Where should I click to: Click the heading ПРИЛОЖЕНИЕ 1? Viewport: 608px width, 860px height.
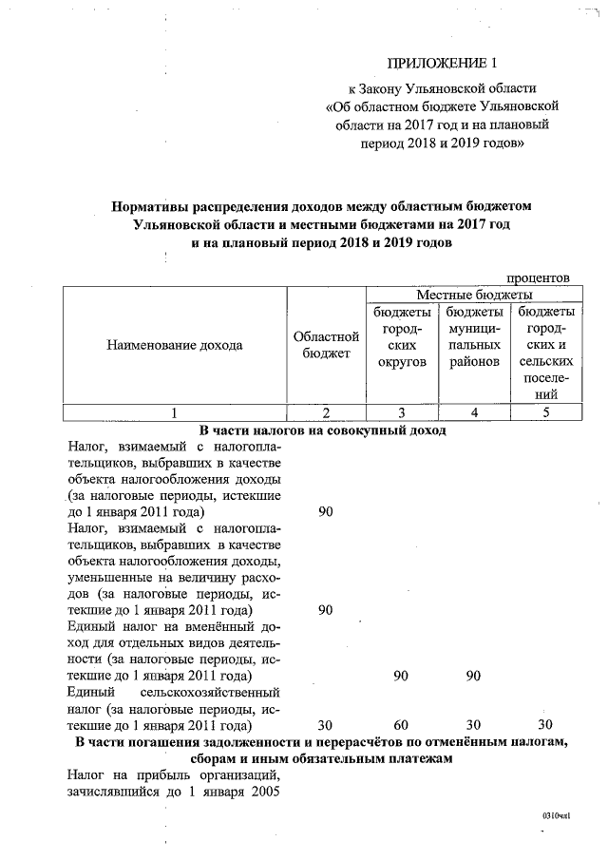pyautogui.click(x=443, y=64)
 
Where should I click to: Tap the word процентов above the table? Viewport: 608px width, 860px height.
pyautogui.click(x=539, y=277)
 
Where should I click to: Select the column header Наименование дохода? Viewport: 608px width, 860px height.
pyautogui.click(x=175, y=345)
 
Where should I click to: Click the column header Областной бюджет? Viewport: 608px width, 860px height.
pyautogui.click(x=326, y=345)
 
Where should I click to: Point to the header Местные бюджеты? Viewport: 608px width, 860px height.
pyautogui.click(x=473, y=296)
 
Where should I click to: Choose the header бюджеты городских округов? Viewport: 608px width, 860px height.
pyautogui.click(x=402, y=336)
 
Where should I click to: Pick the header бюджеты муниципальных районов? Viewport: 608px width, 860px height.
pyautogui.click(x=474, y=336)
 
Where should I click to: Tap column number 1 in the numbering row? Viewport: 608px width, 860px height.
pyautogui.click(x=175, y=412)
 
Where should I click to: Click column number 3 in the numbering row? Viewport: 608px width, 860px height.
pyautogui.click(x=402, y=412)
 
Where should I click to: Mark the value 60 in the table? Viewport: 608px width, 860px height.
pyautogui.click(x=402, y=725)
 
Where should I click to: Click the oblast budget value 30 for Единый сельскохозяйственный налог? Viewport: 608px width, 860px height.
pyautogui.click(x=325, y=725)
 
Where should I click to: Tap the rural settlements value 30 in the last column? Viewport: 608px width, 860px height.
pyautogui.click(x=545, y=725)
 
